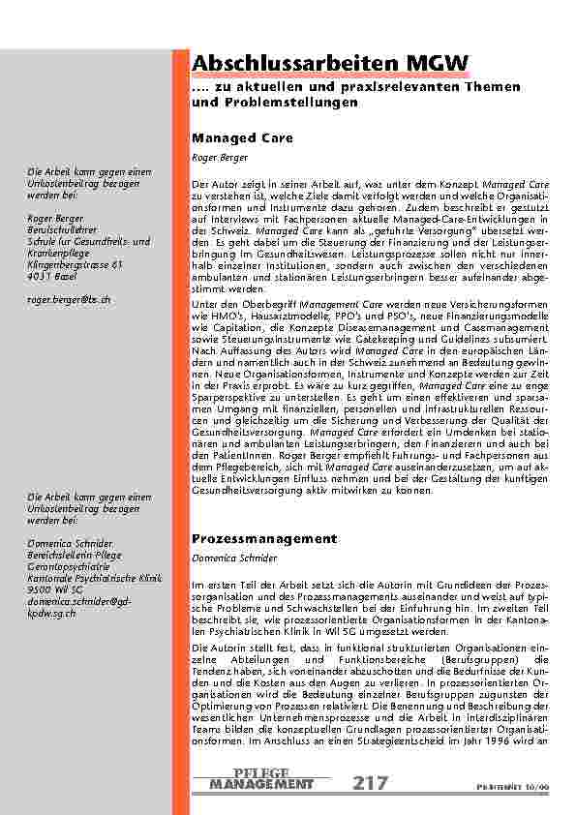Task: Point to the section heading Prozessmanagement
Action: [x=264, y=538]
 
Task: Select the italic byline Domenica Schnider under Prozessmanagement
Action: [x=232, y=558]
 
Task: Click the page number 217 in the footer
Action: [x=373, y=782]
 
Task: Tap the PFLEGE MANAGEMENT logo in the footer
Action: [x=260, y=778]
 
